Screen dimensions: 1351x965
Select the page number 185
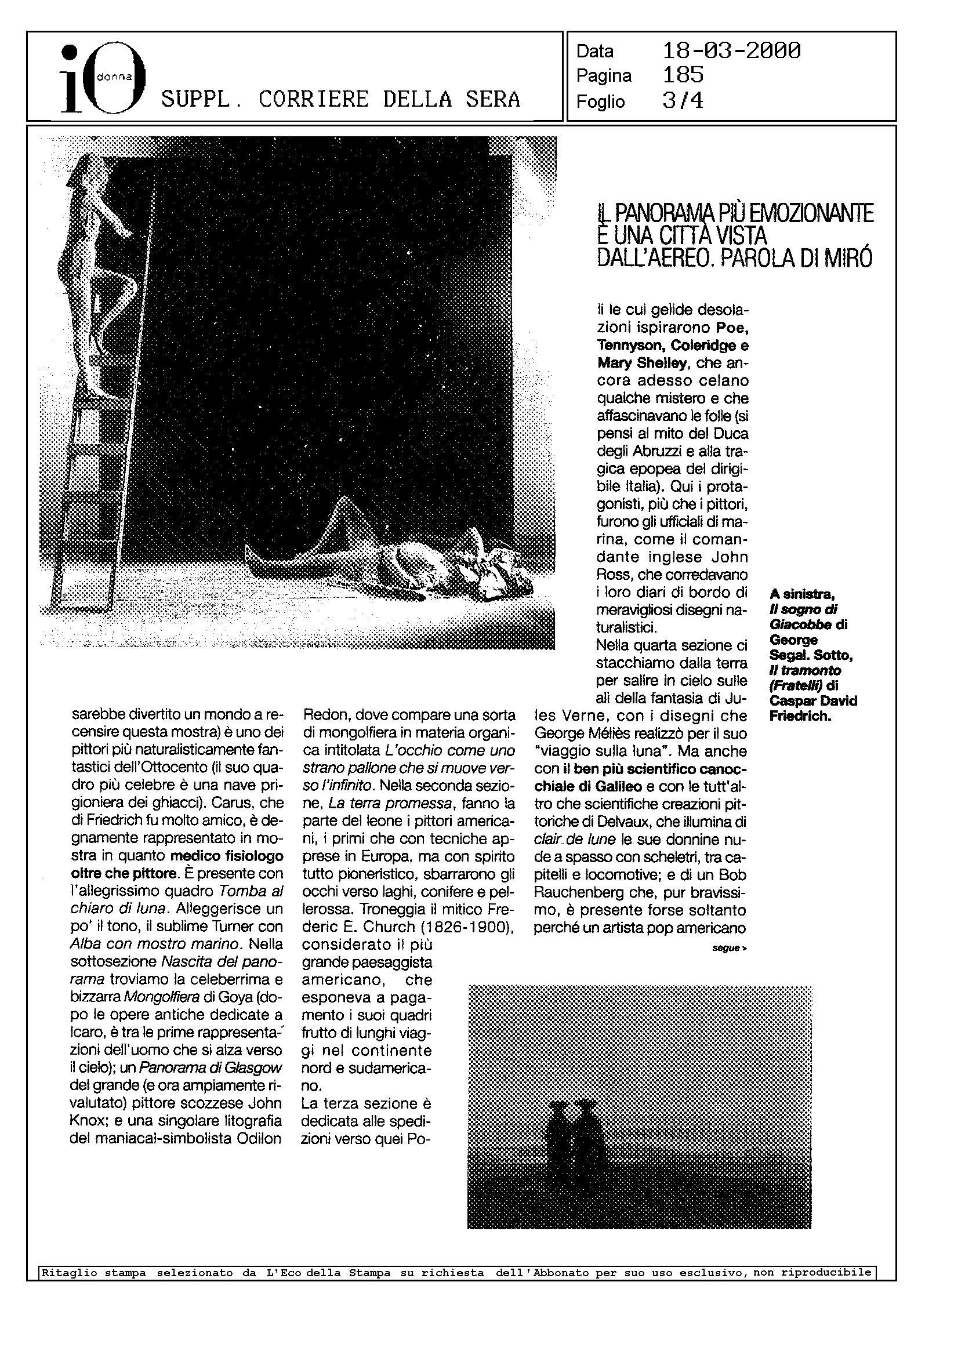pos(683,75)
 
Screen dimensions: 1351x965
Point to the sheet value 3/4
pos(683,101)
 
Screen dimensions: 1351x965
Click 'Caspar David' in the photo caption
pos(813,701)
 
